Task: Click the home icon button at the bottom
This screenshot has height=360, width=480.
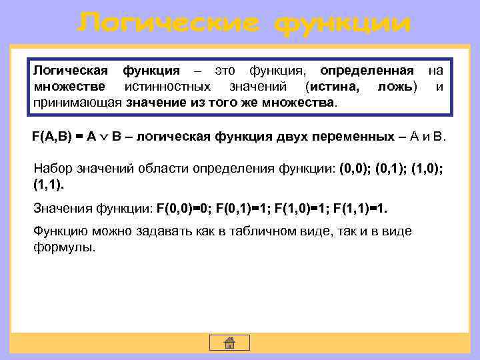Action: point(229,343)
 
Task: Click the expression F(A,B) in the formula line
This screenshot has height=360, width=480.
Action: point(53,137)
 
